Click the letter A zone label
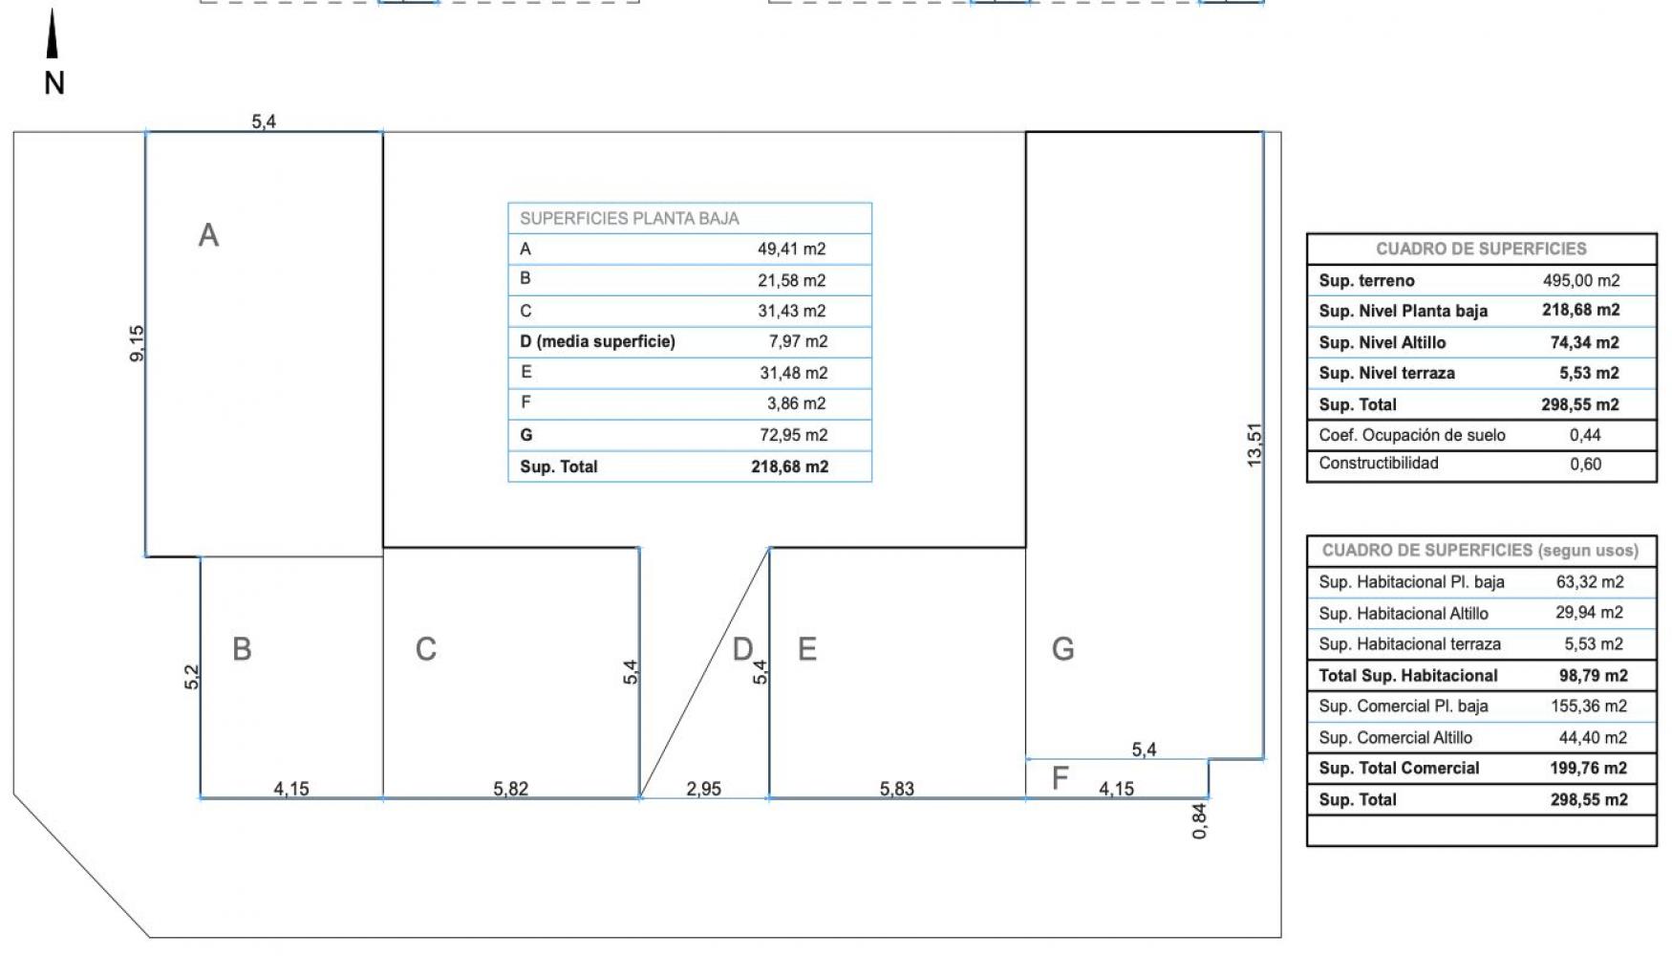[x=208, y=235]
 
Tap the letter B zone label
[x=242, y=649]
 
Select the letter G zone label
[x=1062, y=649]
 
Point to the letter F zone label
[x=1060, y=778]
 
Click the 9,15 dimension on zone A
[x=137, y=343]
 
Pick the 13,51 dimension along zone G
[x=1254, y=445]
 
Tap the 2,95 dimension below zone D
[x=704, y=789]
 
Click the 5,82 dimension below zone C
[x=511, y=789]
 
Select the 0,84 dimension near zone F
[x=1199, y=821]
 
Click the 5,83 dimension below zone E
[x=897, y=789]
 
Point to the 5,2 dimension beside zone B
[x=192, y=677]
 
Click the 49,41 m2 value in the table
[x=792, y=250]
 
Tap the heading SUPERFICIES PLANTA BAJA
[x=630, y=219]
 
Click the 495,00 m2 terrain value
[x=1581, y=280]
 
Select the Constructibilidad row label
[x=1379, y=464]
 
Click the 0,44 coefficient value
[x=1585, y=435]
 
